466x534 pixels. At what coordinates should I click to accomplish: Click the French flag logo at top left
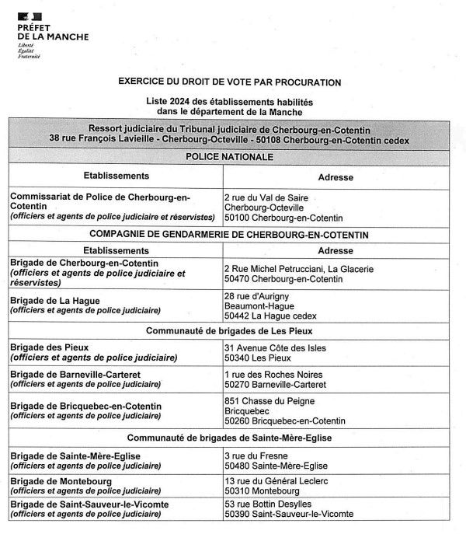pyautogui.click(x=30, y=16)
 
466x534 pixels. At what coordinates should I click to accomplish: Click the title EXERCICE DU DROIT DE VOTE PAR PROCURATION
pyautogui.click(x=229, y=82)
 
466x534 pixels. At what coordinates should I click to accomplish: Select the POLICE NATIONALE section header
pyautogui.click(x=229, y=157)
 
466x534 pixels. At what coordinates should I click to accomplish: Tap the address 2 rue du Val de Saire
pyautogui.click(x=266, y=198)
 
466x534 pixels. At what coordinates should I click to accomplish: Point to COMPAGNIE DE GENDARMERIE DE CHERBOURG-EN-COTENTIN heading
pyautogui.click(x=229, y=235)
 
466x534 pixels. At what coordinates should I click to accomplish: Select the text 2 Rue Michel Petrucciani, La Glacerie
pyautogui.click(x=298, y=269)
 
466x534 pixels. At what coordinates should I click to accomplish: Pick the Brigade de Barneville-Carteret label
pyautogui.click(x=75, y=375)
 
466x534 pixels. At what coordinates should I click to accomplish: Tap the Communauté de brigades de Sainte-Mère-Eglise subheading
pyautogui.click(x=229, y=438)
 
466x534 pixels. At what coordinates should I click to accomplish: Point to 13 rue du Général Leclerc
pyautogui.click(x=276, y=482)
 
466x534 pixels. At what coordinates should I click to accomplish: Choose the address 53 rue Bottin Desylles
pyautogui.click(x=272, y=504)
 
